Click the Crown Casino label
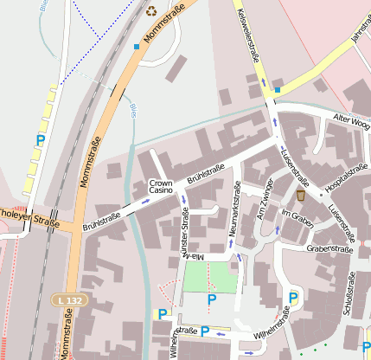(161, 188)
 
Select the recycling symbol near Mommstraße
(152, 11)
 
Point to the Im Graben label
(297, 214)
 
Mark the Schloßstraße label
(350, 298)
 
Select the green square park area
(210, 277)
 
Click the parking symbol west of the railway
(40, 139)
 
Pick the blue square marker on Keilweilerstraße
(277, 88)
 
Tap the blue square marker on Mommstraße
(136, 46)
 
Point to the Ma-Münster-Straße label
(184, 234)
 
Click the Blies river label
(133, 110)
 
